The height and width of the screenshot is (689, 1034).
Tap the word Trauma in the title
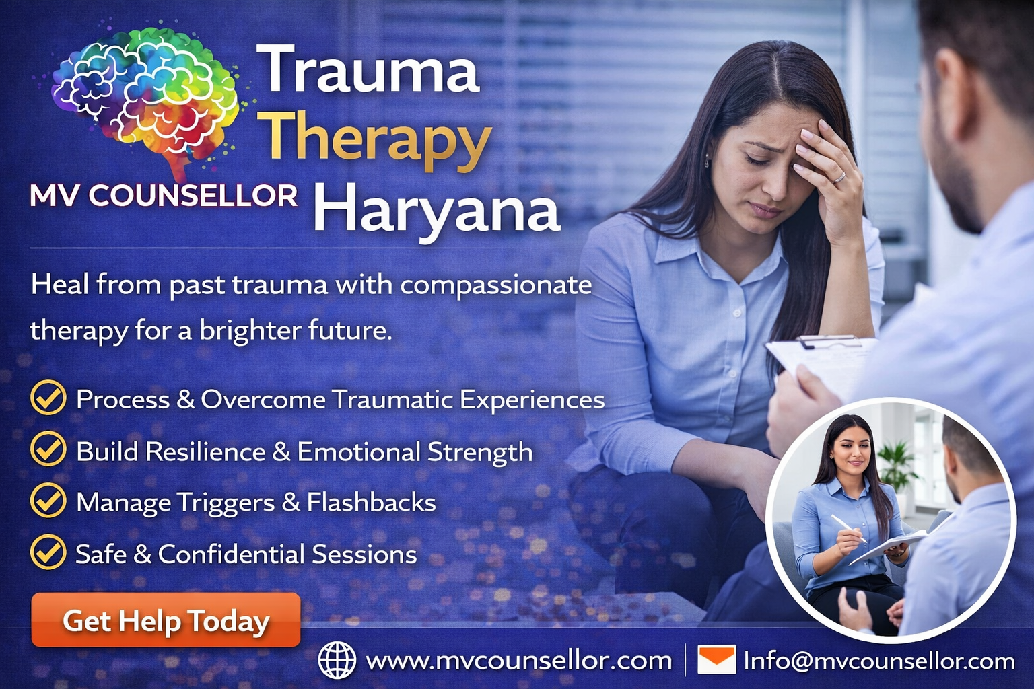[369, 70]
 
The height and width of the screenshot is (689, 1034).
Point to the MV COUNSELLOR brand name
[164, 196]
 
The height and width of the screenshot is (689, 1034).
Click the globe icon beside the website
[337, 660]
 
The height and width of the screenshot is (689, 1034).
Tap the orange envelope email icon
[716, 659]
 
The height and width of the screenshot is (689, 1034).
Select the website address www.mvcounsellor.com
[518, 661]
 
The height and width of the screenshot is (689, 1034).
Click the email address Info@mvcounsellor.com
[879, 661]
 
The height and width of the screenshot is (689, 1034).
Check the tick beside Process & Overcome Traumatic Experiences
[48, 398]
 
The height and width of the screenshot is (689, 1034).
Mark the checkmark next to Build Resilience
[48, 449]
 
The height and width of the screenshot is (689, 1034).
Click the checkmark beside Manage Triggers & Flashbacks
[48, 501]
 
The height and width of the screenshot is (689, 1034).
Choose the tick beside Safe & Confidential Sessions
[48, 552]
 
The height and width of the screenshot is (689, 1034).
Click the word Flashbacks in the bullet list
[372, 503]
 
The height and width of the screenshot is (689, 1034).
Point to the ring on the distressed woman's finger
[839, 178]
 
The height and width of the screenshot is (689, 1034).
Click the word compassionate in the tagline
[496, 285]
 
